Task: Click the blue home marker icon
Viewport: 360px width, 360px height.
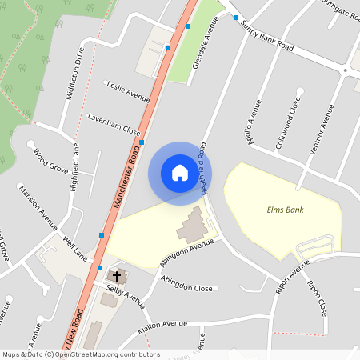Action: pyautogui.click(x=180, y=172)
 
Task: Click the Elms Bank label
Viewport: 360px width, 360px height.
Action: pyautogui.click(x=286, y=210)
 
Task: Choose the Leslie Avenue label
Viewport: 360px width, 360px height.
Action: pyautogui.click(x=128, y=90)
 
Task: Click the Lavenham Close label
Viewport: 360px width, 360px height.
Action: pyautogui.click(x=114, y=123)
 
